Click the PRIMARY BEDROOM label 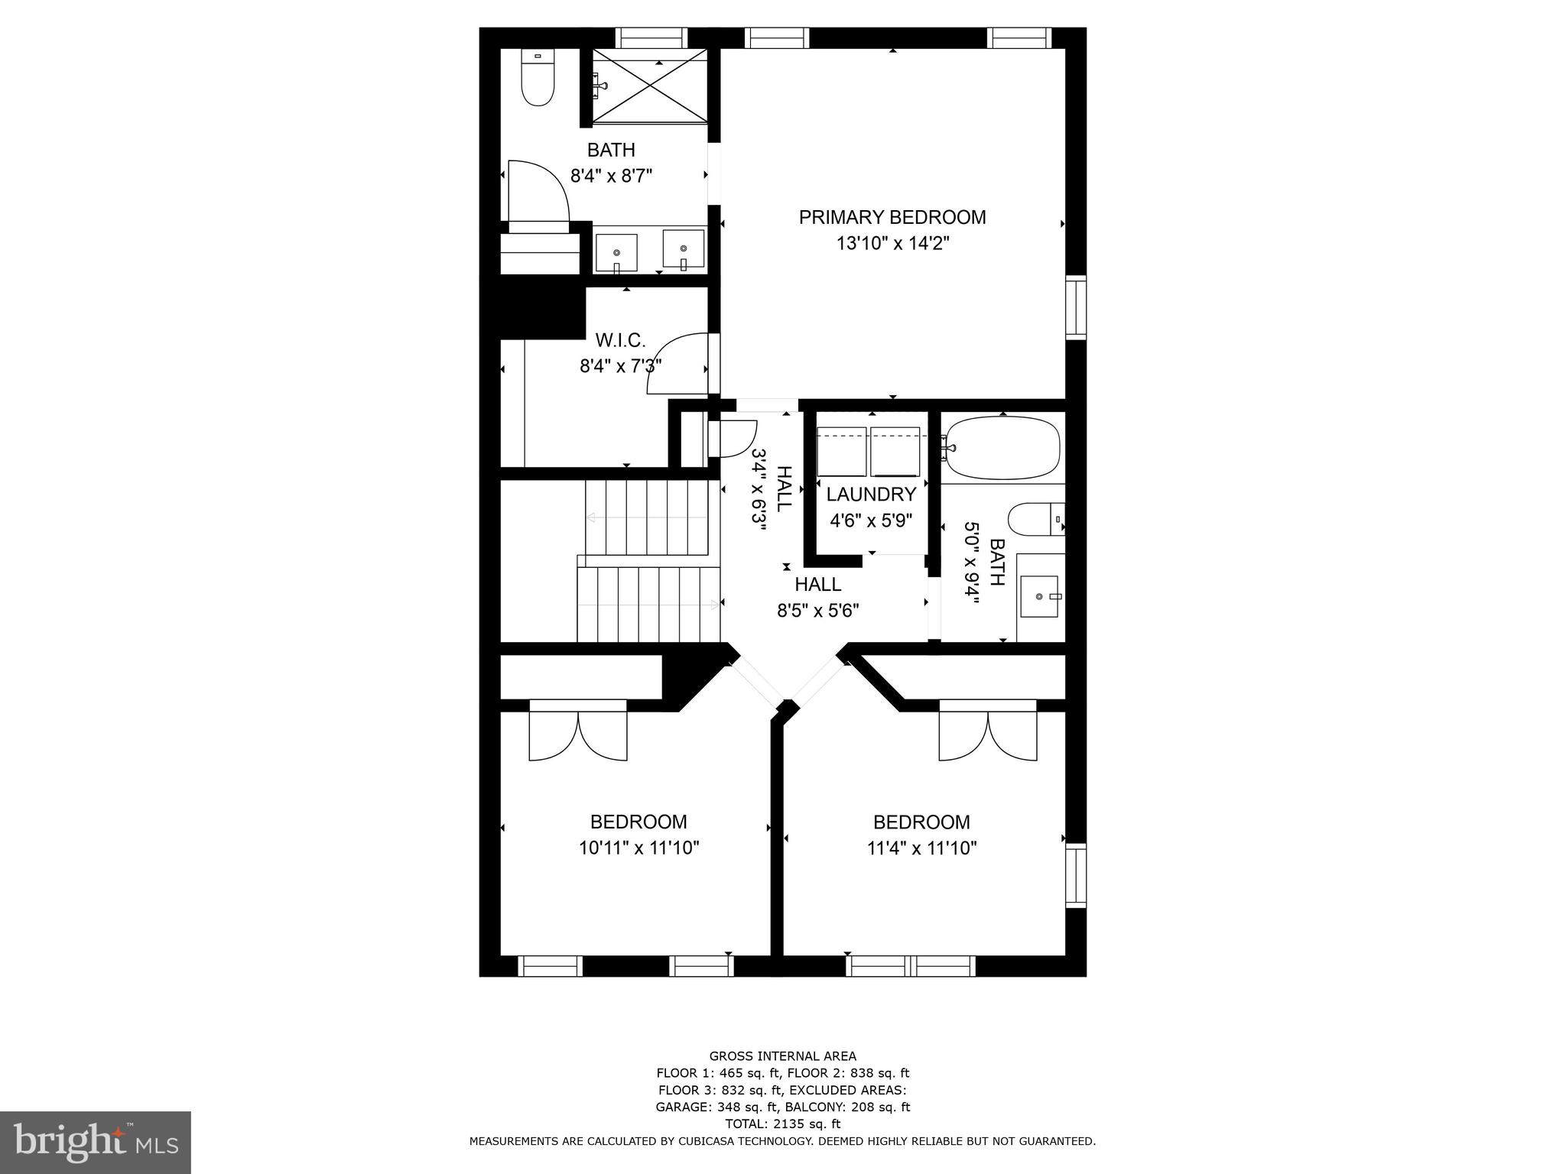tap(892, 217)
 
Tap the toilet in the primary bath tap(538, 77)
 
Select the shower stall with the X tap(650, 85)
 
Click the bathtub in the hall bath tap(1002, 449)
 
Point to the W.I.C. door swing tap(677, 364)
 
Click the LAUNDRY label tap(871, 495)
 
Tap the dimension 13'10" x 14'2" tap(892, 244)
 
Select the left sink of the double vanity tap(616, 251)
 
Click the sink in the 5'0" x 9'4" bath tap(1039, 596)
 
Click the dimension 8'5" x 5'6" tap(817, 611)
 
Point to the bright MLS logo tap(95, 1142)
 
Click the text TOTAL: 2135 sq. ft tap(782, 1124)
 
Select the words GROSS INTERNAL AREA tap(782, 1056)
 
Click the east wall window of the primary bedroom tap(1076, 307)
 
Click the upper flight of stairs tap(647, 517)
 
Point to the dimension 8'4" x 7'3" tap(620, 366)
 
